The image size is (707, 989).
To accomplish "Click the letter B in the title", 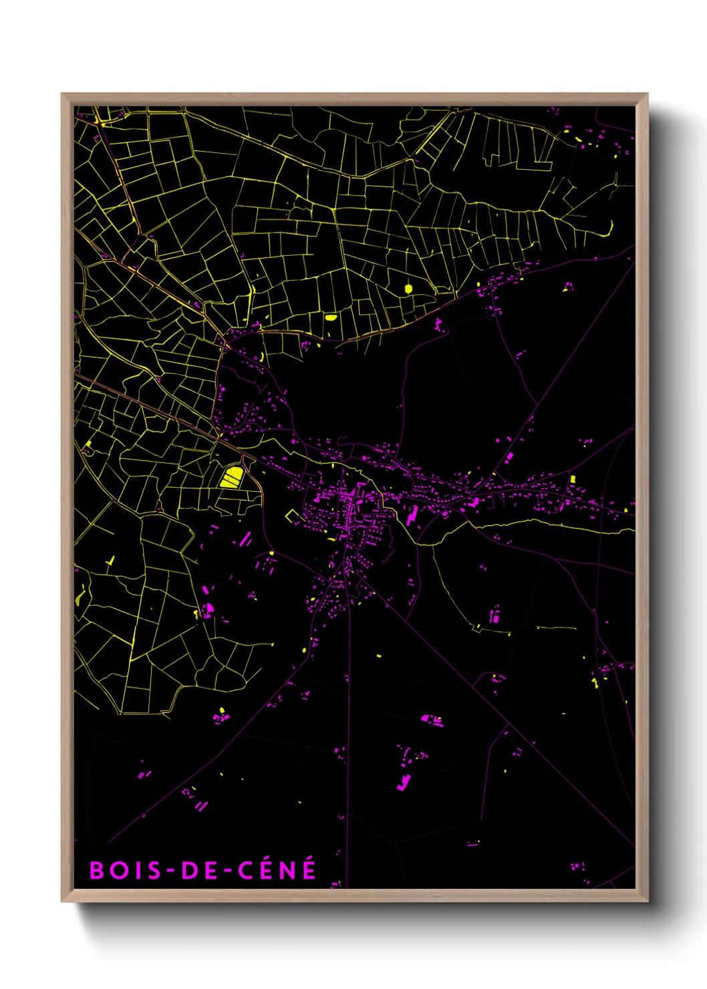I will pyautogui.click(x=97, y=870).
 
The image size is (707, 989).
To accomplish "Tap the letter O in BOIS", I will pyautogui.click(x=118, y=870).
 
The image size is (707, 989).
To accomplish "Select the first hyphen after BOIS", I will pyautogui.click(x=171, y=870).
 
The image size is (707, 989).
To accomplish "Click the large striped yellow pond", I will pyautogui.click(x=232, y=477).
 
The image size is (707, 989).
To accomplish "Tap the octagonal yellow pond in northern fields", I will pyautogui.click(x=408, y=289).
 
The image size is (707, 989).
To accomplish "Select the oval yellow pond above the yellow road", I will pyautogui.click(x=331, y=317).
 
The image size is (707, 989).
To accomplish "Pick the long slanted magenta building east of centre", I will pyautogui.click(x=412, y=515).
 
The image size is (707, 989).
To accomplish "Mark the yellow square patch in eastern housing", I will pyautogui.click(x=573, y=478).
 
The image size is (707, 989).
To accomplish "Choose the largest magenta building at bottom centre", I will pyautogui.click(x=404, y=782).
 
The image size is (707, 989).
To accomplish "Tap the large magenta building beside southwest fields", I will pyautogui.click(x=208, y=609).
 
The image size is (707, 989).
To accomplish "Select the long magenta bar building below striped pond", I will pyautogui.click(x=245, y=539).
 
